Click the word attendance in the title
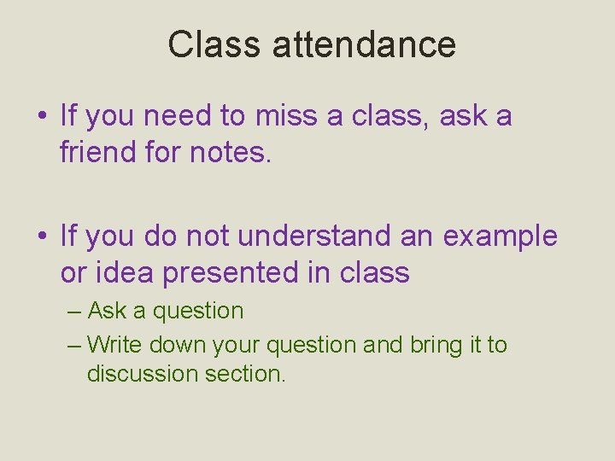click(364, 44)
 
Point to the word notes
click(231, 153)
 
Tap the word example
click(500, 237)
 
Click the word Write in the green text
click(115, 345)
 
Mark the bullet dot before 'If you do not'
click(42, 237)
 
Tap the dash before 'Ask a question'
click(74, 312)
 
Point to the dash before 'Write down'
click(74, 346)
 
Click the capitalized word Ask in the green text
click(108, 311)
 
